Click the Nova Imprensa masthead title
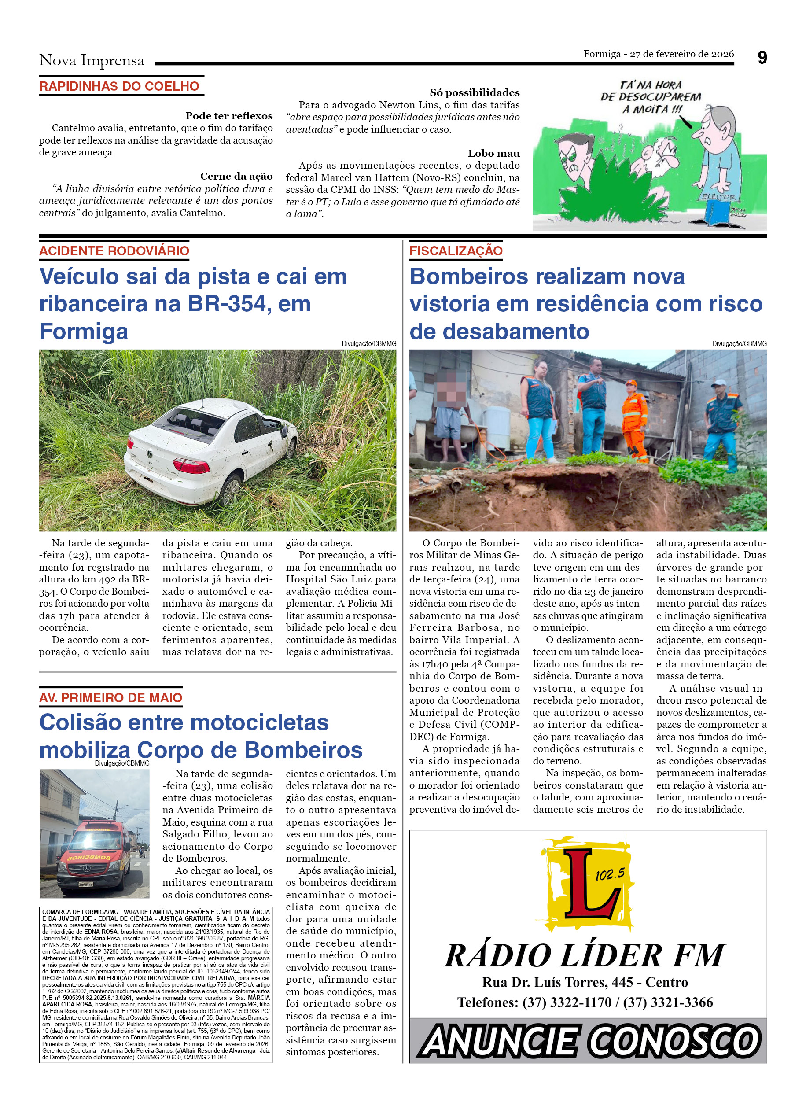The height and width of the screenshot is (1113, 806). (92, 60)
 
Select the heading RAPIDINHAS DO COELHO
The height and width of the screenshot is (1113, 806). (119, 86)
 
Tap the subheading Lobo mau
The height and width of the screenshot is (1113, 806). (493, 153)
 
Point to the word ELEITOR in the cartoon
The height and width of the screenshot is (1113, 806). (719, 197)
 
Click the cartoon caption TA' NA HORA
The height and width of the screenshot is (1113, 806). (651, 85)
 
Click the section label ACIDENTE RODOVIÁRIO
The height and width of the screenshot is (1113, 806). (114, 251)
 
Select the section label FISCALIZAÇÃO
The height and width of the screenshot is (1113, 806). (456, 251)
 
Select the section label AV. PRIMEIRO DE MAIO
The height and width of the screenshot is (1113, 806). (111, 697)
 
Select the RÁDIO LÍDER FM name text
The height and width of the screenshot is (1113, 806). (585, 956)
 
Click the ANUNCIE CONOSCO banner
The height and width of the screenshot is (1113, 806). (588, 1041)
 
